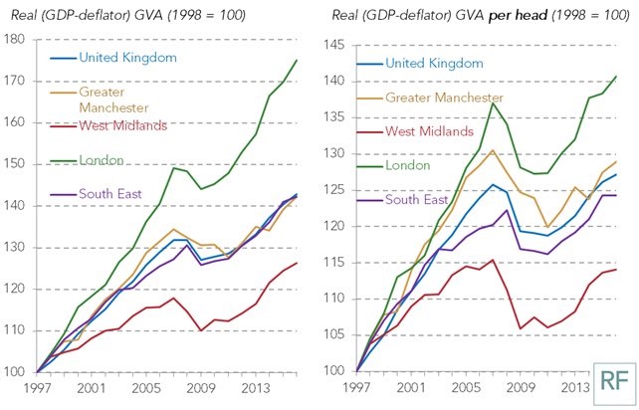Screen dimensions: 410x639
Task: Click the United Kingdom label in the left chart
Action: pos(126,58)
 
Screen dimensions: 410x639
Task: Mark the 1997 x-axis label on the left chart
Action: pos(36,388)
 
